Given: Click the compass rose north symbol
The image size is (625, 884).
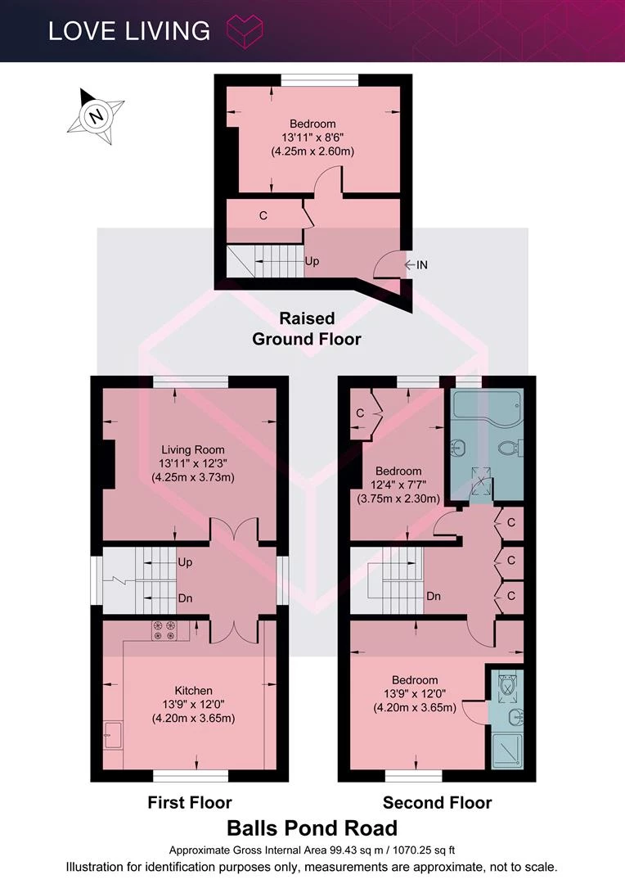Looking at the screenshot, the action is pos(96,116).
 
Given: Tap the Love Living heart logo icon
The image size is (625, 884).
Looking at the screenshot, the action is pos(244,31).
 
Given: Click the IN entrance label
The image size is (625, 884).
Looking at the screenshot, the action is pos(421,264).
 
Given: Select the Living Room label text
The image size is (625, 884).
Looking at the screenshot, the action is pos(193,450).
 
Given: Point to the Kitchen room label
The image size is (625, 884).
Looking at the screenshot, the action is pos(193,691).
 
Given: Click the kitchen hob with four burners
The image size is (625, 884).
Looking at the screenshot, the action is pos(164,630).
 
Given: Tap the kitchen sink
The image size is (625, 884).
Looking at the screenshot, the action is pos(113,734).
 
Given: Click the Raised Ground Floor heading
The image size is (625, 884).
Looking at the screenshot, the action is pos(307,329).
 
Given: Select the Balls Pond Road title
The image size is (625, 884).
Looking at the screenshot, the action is pos(312,828).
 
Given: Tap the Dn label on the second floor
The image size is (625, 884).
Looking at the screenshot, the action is pos(434,596).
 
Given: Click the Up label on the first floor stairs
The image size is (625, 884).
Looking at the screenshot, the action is pos(185,562).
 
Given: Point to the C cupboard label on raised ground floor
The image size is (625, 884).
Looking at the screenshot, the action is pos(263,215).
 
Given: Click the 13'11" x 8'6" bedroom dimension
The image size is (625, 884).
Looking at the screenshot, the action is pos(312,137).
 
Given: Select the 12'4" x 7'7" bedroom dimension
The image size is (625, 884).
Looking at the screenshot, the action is pos(398,485).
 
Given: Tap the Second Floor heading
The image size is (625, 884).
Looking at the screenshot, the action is pos(438,802).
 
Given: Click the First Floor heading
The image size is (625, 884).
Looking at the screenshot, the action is pos(190,802).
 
